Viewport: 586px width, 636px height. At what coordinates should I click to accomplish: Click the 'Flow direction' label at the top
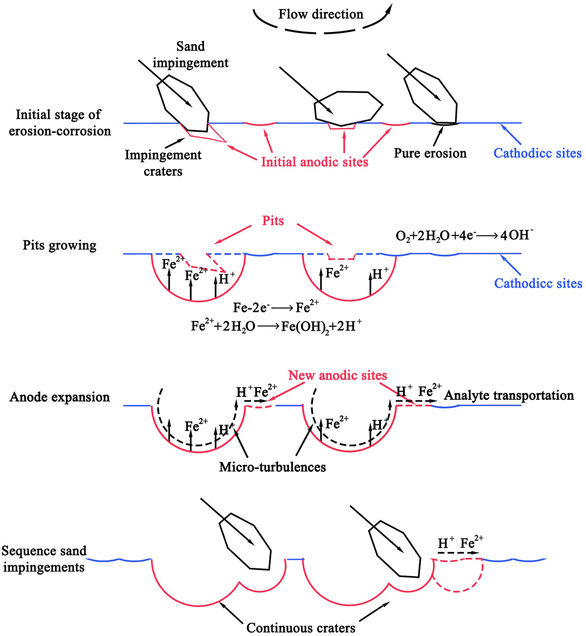coord(321,14)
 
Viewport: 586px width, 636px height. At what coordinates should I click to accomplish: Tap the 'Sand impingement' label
coord(191,55)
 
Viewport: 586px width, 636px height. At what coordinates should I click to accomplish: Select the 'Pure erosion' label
coord(430,153)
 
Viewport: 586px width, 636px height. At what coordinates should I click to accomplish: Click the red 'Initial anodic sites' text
coord(315,162)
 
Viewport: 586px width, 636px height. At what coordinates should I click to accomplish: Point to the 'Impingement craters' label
coord(163,163)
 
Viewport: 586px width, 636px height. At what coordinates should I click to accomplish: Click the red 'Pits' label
coord(273,220)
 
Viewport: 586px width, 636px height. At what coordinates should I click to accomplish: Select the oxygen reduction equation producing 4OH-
coord(465,235)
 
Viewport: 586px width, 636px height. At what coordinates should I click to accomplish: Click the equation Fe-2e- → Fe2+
coord(276,307)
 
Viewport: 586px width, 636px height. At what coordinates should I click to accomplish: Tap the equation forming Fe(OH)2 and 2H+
coord(277,326)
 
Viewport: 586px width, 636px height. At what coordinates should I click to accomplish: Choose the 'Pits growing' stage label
coord(60,245)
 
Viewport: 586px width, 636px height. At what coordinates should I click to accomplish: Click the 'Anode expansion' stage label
coord(60,397)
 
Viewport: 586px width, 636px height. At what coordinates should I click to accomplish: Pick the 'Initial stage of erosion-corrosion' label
coord(60,123)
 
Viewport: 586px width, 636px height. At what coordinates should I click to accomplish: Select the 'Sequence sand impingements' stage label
coord(44,559)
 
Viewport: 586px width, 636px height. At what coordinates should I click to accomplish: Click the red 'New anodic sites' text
coord(338,376)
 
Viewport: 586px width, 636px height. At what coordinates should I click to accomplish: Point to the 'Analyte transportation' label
coord(509,395)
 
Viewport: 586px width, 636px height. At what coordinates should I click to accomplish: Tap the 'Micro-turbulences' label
coord(272,467)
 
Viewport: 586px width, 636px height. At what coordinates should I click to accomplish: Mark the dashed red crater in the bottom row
coord(458,576)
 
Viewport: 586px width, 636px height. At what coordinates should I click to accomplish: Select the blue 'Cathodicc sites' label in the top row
coord(537,153)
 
